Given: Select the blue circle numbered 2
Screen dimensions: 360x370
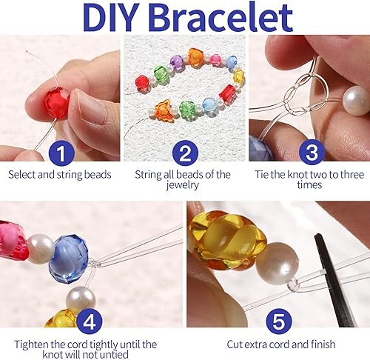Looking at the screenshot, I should point(184,153).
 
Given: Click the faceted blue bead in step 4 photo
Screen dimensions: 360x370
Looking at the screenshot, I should point(69,259).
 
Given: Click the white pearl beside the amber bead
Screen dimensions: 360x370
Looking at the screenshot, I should point(278,263).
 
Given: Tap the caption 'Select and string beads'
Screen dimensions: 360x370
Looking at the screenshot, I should point(59,175).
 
